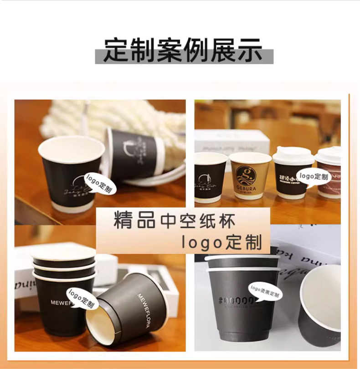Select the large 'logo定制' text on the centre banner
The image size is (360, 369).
coord(222,241)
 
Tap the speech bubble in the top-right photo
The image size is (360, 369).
coord(313,176)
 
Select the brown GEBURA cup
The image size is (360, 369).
coord(250,178)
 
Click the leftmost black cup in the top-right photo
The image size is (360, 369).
coord(210,180)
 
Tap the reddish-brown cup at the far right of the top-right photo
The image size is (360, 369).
coord(329,175)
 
